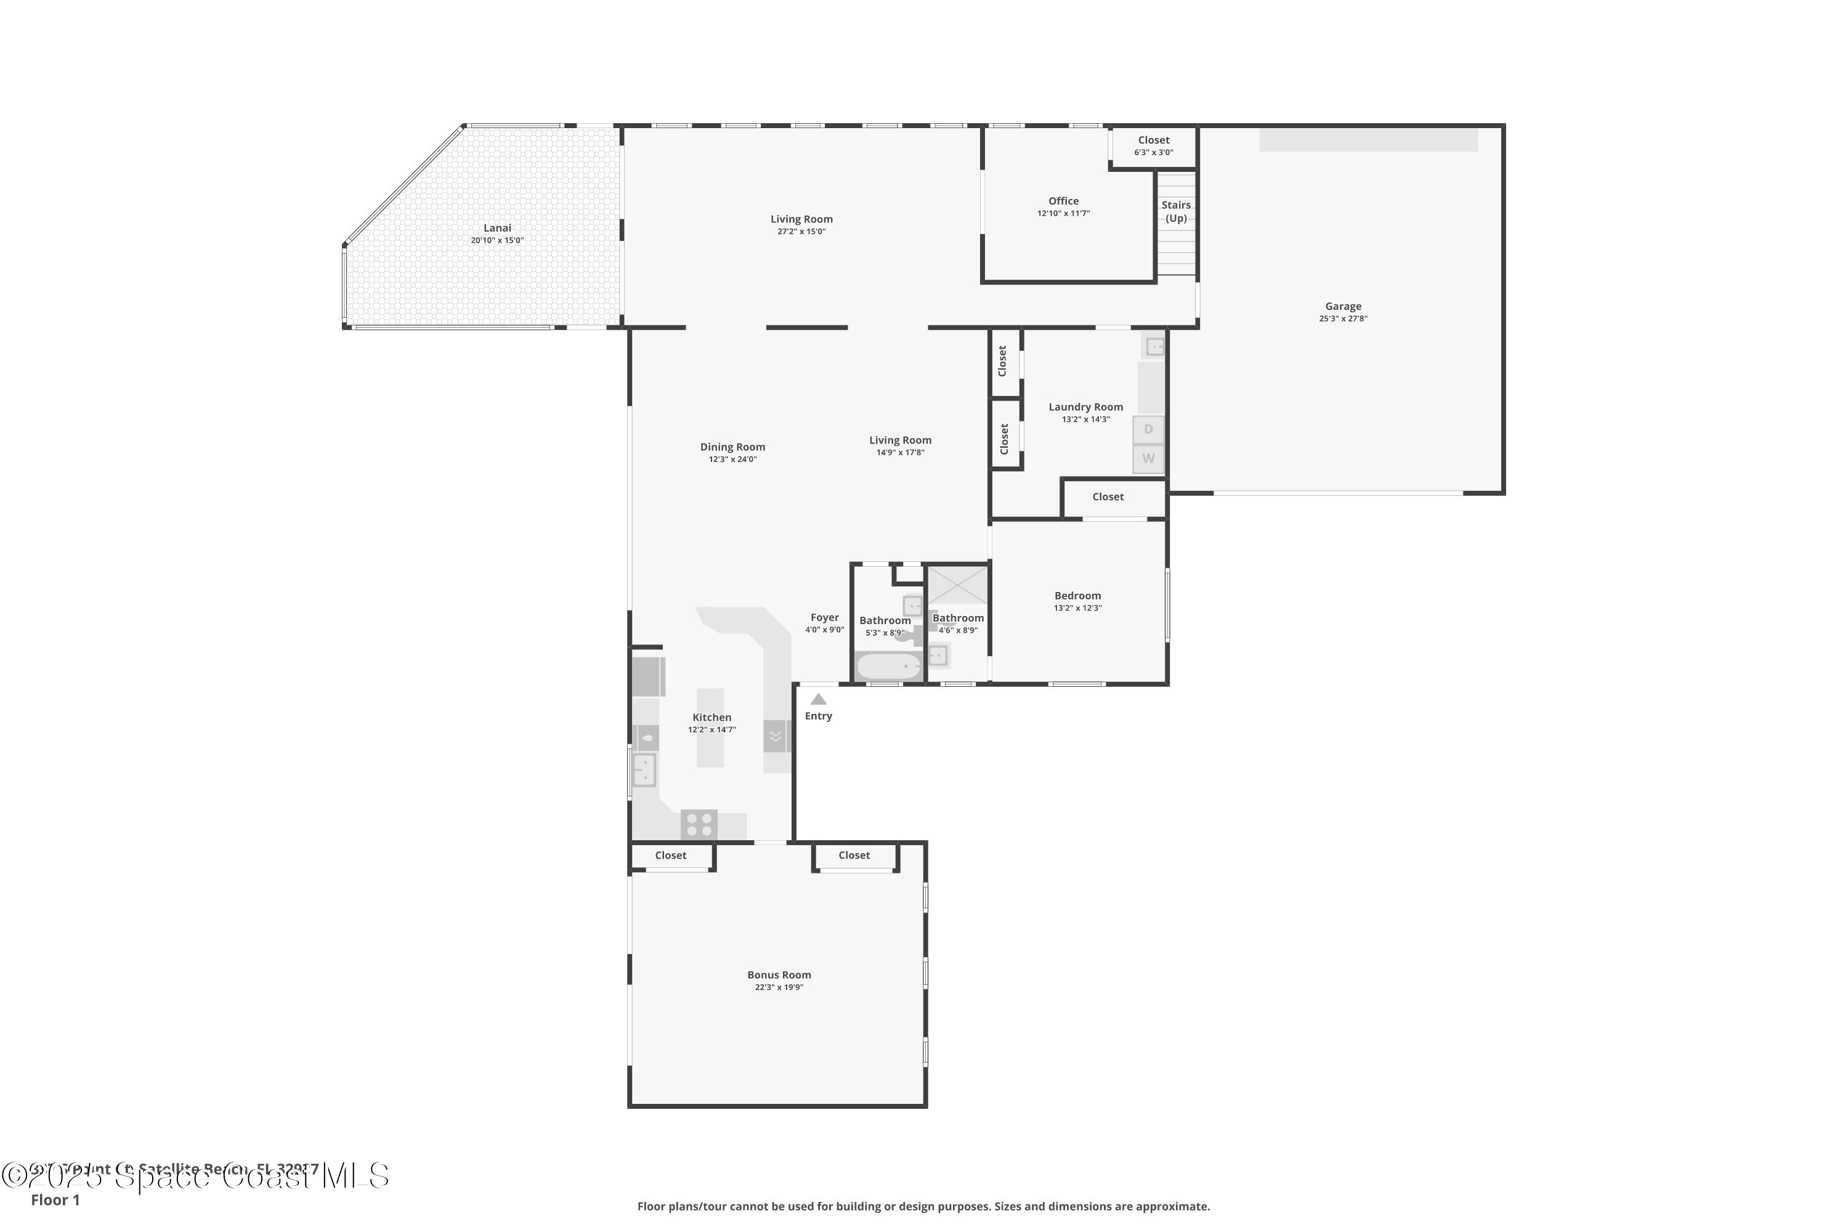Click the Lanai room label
click(x=496, y=228)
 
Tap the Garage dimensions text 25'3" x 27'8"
click(x=1343, y=319)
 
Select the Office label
click(x=1063, y=201)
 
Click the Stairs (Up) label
click(x=1175, y=211)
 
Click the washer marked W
click(x=1148, y=459)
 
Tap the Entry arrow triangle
click(x=818, y=699)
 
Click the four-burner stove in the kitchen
click(x=699, y=825)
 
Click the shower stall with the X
click(x=958, y=585)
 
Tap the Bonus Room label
click(x=779, y=975)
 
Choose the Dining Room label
click(x=732, y=447)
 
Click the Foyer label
click(x=824, y=618)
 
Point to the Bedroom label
click(x=1077, y=596)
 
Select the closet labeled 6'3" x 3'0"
click(x=1153, y=146)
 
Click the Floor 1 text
click(x=55, y=1200)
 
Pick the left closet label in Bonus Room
click(x=670, y=856)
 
